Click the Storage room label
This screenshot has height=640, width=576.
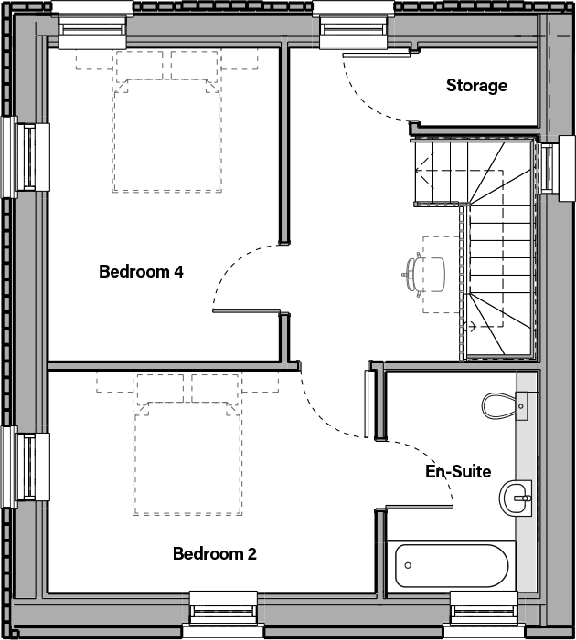[x=476, y=86]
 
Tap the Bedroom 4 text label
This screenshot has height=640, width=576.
[x=142, y=271]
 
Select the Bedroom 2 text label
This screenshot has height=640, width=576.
[x=215, y=553]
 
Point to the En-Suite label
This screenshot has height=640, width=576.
[x=458, y=471]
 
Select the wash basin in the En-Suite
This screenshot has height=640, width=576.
[x=515, y=498]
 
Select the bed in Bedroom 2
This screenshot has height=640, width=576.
[x=188, y=445]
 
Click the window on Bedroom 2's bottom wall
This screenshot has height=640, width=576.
[x=222, y=610]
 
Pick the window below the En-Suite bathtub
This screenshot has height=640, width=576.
[x=484, y=610]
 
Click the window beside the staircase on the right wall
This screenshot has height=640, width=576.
[x=549, y=166]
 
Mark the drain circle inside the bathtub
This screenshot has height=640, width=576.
[x=408, y=566]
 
